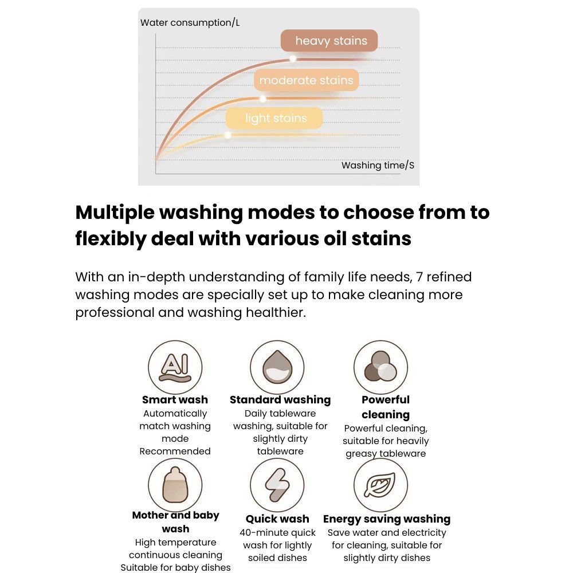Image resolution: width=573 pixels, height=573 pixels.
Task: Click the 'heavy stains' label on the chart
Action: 329,41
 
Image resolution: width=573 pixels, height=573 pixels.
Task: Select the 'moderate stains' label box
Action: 306,80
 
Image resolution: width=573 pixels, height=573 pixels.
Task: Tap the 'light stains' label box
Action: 274,118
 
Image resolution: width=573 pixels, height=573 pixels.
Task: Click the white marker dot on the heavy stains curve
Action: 293,58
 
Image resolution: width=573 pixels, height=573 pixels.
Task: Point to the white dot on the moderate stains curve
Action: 263,99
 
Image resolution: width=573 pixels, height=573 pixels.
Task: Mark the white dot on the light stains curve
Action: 228,135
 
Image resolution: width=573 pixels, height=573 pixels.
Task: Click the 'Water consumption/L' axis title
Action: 190,23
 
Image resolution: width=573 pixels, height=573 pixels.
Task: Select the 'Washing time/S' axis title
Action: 378,166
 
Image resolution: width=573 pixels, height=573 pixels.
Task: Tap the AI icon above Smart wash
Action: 175,367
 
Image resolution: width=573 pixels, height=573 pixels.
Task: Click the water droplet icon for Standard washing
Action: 277,367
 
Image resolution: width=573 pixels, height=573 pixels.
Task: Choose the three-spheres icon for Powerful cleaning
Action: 381,367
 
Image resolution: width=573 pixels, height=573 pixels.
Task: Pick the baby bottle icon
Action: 175,485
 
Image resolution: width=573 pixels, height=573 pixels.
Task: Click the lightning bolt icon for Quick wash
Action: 277,485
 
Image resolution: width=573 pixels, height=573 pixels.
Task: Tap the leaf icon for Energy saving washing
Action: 381,485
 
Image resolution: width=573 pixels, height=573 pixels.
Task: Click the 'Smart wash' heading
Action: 175,400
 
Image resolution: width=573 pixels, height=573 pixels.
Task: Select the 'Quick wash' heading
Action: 277,519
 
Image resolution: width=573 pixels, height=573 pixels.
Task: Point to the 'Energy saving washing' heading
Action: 387,519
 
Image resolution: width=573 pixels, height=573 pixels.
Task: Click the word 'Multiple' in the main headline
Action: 115,213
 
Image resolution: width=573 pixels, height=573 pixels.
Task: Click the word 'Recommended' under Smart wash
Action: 175,452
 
